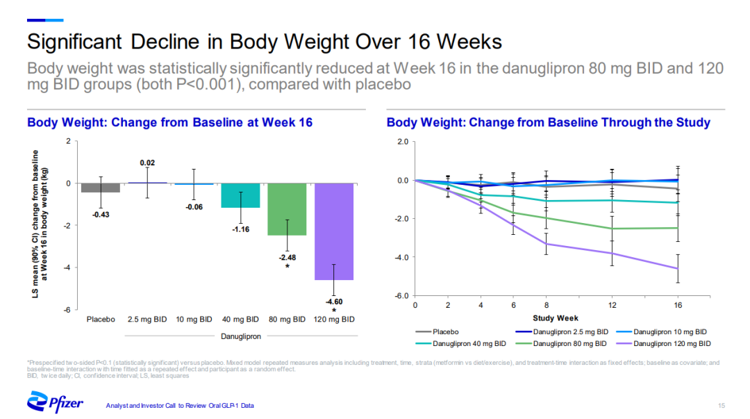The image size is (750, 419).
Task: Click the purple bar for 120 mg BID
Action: tap(334, 231)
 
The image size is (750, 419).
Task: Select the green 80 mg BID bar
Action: tap(287, 209)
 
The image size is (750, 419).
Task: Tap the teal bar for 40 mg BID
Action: tap(240, 195)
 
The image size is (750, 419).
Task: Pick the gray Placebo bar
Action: tap(100, 188)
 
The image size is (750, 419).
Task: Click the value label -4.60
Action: tap(334, 302)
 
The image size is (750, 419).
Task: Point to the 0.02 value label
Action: tap(147, 163)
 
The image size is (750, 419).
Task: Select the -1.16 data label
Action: tap(240, 229)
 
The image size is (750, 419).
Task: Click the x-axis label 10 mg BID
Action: tap(194, 320)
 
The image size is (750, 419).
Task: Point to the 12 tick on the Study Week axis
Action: tap(612, 305)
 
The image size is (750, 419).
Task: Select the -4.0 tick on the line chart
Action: tap(401, 257)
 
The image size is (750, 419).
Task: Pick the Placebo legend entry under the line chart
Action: tap(445, 331)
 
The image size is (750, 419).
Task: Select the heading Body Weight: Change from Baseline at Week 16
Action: tap(169, 123)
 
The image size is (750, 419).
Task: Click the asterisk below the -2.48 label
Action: tap(287, 266)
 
